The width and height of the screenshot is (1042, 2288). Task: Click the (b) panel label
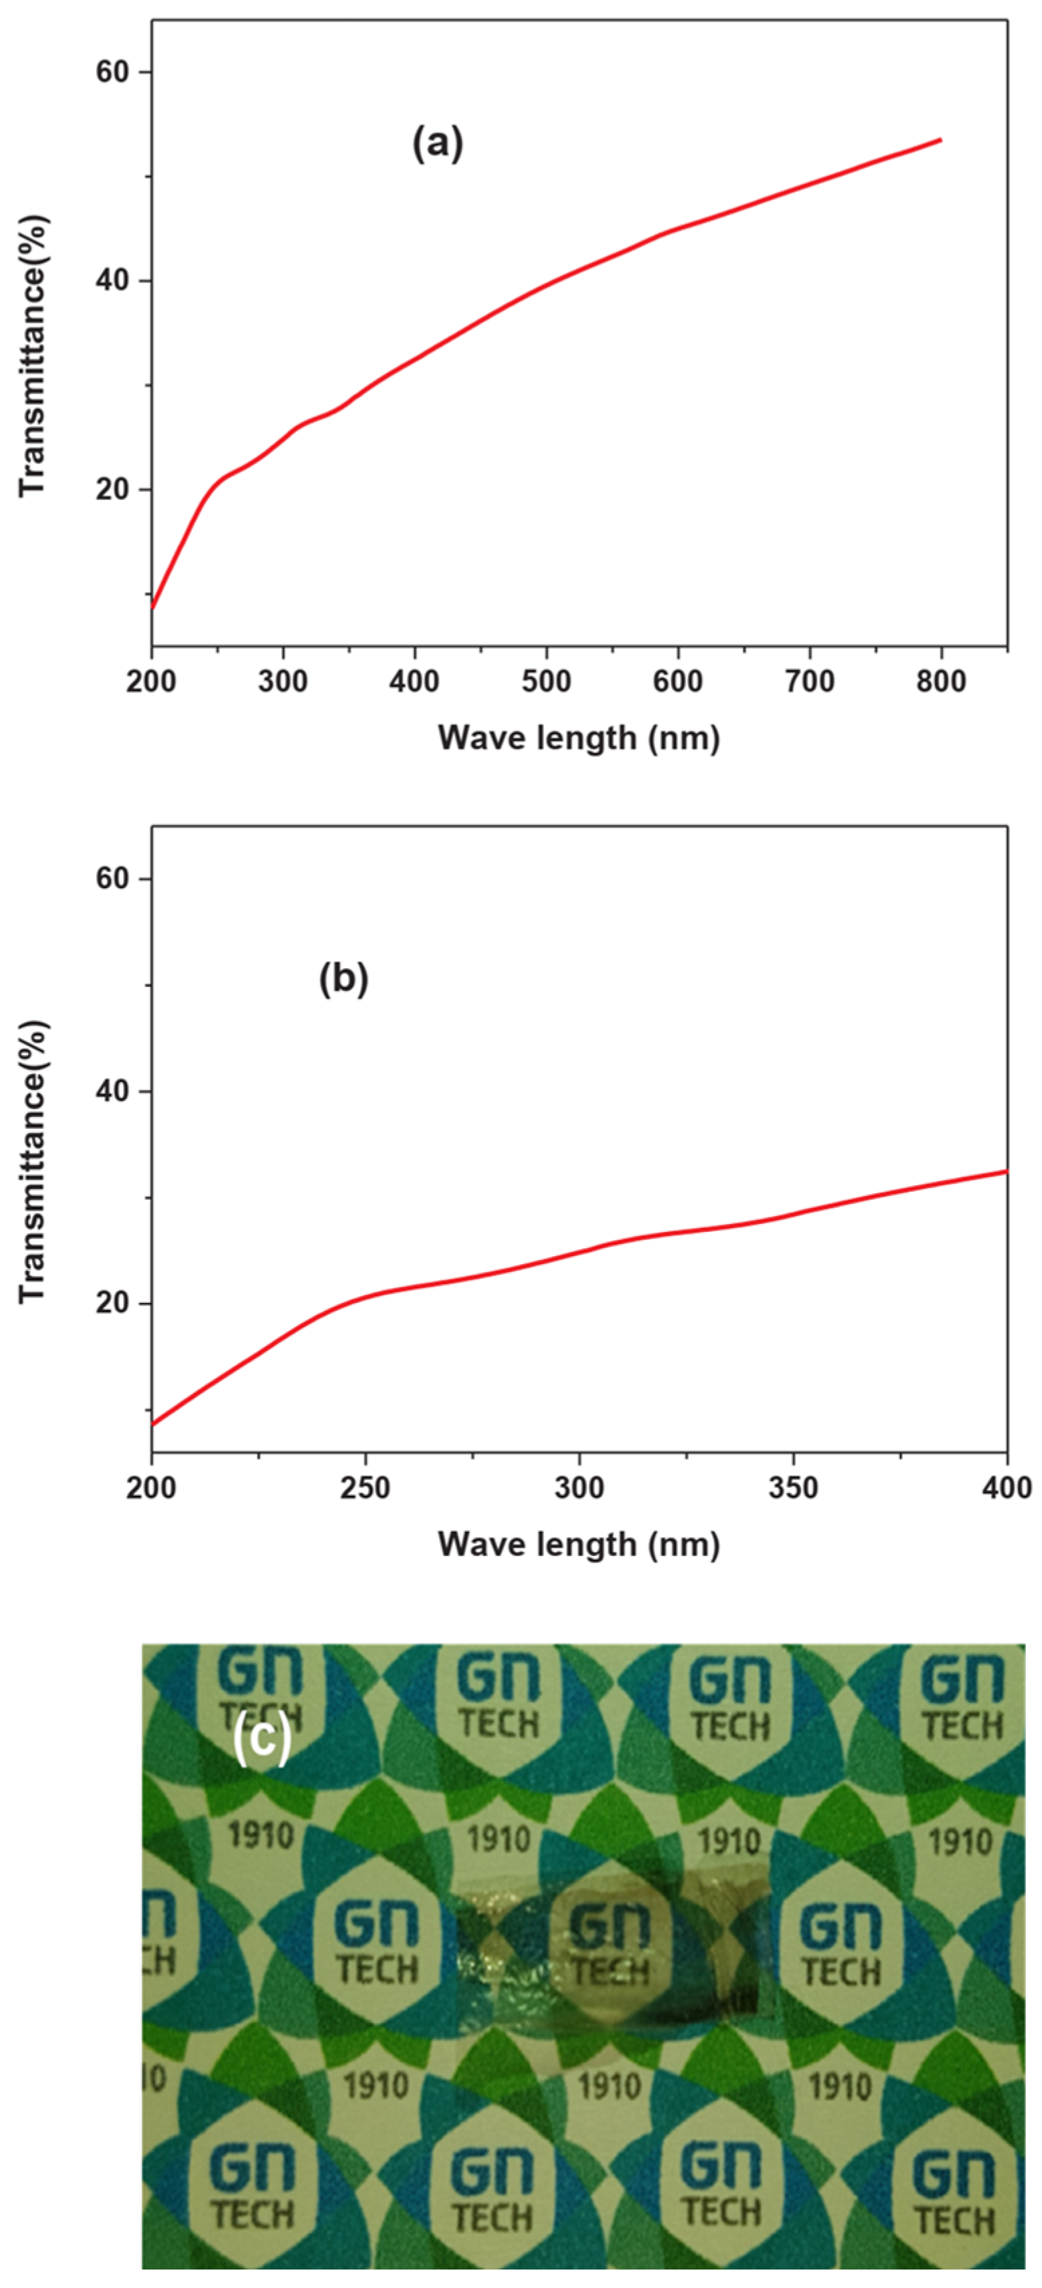(343, 979)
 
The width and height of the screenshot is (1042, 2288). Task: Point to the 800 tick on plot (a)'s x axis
(941, 681)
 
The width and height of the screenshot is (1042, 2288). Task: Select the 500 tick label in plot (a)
(545, 681)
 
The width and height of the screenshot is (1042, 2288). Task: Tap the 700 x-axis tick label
(809, 681)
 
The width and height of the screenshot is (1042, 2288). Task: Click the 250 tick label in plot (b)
(365, 1488)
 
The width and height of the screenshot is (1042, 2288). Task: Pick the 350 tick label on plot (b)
(792, 1488)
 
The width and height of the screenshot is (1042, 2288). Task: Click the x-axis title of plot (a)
(578, 737)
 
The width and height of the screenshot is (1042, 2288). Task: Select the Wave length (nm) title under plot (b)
(578, 1545)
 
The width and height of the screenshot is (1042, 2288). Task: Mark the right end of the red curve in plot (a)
(940, 141)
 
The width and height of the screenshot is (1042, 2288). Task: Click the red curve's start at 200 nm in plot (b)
(154, 1425)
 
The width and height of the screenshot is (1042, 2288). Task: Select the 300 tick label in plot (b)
(578, 1488)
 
